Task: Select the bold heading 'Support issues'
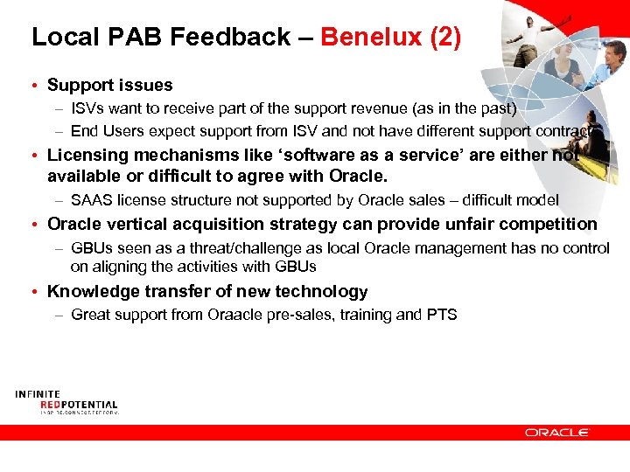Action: click(110, 85)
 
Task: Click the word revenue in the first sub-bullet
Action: click(365, 108)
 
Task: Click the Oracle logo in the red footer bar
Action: click(557, 432)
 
